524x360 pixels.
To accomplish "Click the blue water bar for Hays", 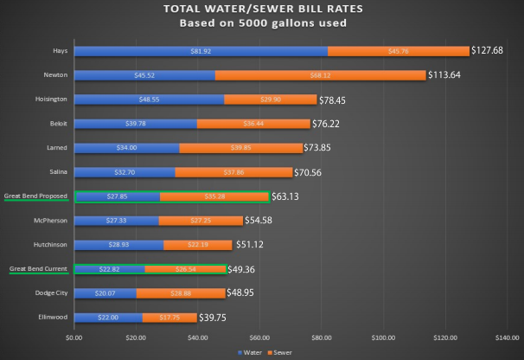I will [201, 51].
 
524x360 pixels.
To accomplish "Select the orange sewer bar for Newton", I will [320, 75].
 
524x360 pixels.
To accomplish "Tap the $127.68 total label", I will [494, 51].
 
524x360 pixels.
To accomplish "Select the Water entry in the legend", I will [252, 353].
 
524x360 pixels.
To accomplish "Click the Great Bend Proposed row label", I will [37, 196].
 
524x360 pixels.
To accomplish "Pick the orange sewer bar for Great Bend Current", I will [185, 269].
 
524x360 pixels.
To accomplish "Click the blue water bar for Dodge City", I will [105, 293].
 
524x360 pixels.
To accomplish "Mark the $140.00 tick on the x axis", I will [507, 337].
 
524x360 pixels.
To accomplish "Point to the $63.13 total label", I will [290, 196].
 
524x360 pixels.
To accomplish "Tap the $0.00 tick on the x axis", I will [74, 337].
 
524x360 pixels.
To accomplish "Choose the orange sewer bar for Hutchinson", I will [198, 245].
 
